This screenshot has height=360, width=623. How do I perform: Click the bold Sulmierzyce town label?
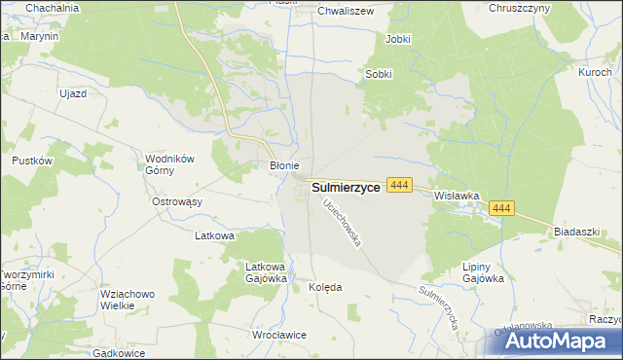click(346, 188)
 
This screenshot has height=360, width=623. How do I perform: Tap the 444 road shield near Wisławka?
click(400, 184)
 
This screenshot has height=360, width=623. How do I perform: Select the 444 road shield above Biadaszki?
click(502, 208)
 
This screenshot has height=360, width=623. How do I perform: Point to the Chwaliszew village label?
click(348, 12)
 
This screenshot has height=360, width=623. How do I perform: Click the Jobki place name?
click(398, 39)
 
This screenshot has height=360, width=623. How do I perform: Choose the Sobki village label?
click(379, 74)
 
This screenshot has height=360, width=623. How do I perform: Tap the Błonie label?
click(283, 165)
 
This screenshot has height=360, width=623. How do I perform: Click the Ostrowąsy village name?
click(176, 201)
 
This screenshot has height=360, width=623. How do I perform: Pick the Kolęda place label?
click(325, 288)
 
